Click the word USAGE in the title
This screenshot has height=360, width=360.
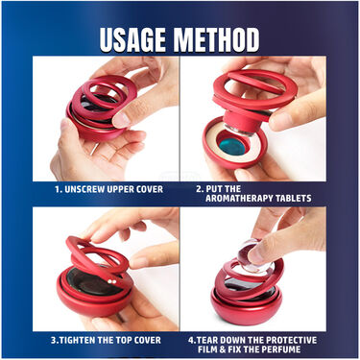pyautogui.click(x=132, y=39)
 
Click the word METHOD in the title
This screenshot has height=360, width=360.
pyautogui.click(x=216, y=39)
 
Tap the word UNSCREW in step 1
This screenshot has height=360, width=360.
pyautogui.click(x=84, y=189)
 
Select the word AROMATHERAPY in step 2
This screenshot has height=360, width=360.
pyautogui.click(x=239, y=199)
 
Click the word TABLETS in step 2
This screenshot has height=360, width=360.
pyautogui.click(x=293, y=199)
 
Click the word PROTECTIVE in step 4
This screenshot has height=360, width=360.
pyautogui.click(x=291, y=340)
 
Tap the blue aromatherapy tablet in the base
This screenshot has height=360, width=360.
pyautogui.click(x=232, y=148)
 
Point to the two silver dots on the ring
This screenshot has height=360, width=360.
pyautogui.click(x=111, y=281)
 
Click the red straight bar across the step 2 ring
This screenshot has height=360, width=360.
pyautogui.click(x=256, y=82)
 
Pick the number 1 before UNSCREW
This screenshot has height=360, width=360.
pyautogui.click(x=57, y=189)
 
